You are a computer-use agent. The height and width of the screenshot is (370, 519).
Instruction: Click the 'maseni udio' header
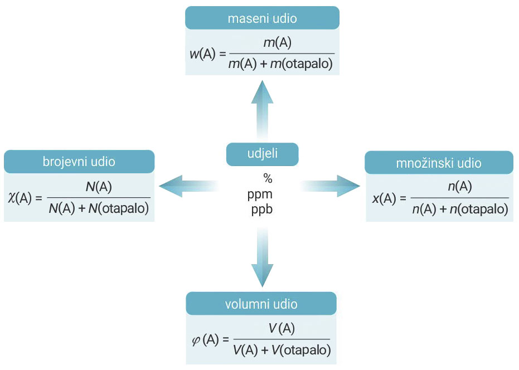tap(262, 18)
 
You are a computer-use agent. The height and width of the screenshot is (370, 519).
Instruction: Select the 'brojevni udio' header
tap(79, 162)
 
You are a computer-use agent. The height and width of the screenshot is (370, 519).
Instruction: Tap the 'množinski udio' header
tap(439, 163)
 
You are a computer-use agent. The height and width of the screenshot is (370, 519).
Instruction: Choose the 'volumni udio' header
tap(261, 304)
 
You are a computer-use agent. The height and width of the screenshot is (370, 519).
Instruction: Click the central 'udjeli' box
tap(262, 154)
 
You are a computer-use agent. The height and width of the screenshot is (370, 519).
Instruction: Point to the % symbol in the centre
tap(268, 178)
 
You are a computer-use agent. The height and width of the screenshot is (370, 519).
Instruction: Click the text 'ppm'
tap(260, 194)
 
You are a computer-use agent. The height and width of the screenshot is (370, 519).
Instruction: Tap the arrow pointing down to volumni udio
tap(262, 259)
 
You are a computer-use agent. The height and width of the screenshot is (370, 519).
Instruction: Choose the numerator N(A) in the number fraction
tap(99, 188)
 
